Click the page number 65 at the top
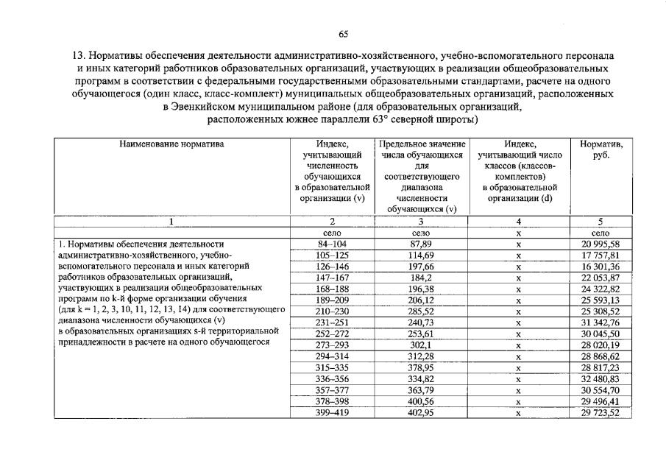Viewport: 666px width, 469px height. click(343, 34)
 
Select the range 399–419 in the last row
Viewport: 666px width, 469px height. click(332, 413)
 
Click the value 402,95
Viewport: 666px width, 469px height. click(420, 413)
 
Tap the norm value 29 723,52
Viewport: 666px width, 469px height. click(600, 413)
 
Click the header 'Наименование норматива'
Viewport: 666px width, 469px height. click(171, 144)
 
